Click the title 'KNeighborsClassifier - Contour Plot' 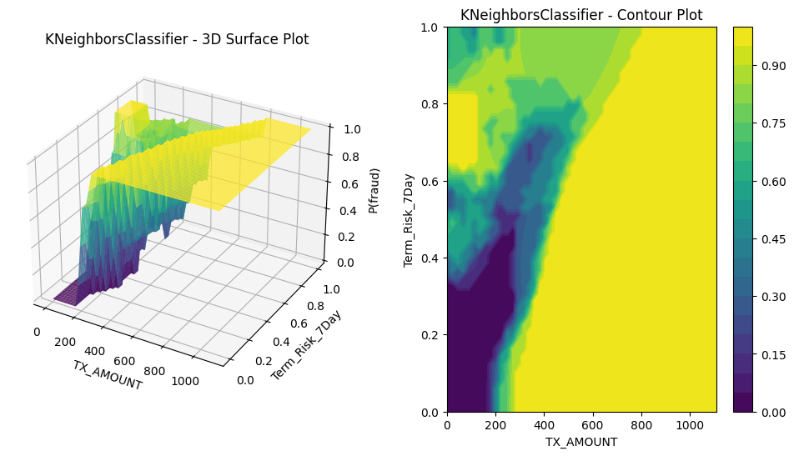pyautogui.click(x=581, y=15)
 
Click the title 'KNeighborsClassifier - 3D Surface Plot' pyautogui.click(x=177, y=39)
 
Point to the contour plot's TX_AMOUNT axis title pyautogui.click(x=581, y=442)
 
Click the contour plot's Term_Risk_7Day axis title pyautogui.click(x=409, y=220)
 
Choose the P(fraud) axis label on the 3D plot pyautogui.click(x=375, y=190)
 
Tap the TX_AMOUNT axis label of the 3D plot pyautogui.click(x=107, y=375)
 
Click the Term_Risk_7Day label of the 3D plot pyautogui.click(x=306, y=345)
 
